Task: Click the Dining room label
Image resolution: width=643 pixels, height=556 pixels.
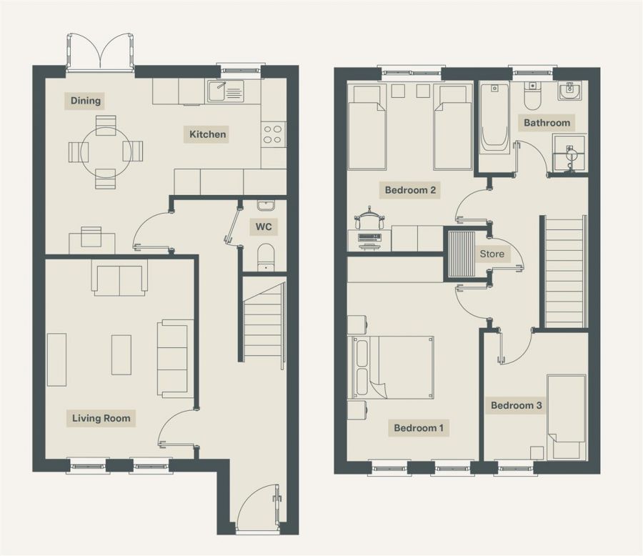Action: point(86,101)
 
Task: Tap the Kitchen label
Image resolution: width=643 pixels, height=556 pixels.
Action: point(207,134)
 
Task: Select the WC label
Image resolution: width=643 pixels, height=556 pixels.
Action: point(264,227)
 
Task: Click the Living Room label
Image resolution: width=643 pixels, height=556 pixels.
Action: point(101,418)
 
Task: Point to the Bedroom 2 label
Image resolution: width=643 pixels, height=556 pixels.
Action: point(410,190)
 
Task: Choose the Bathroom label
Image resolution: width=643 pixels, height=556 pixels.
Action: point(547,123)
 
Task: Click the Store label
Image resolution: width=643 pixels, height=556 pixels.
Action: point(492,254)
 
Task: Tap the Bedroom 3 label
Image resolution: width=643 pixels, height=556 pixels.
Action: point(516,406)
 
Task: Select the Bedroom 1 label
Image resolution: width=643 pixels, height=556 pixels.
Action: point(419,428)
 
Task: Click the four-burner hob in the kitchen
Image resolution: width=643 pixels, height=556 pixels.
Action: point(273,134)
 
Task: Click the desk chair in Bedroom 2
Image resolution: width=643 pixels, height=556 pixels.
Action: point(369,217)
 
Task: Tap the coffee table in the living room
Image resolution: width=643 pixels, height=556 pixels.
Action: point(121,355)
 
